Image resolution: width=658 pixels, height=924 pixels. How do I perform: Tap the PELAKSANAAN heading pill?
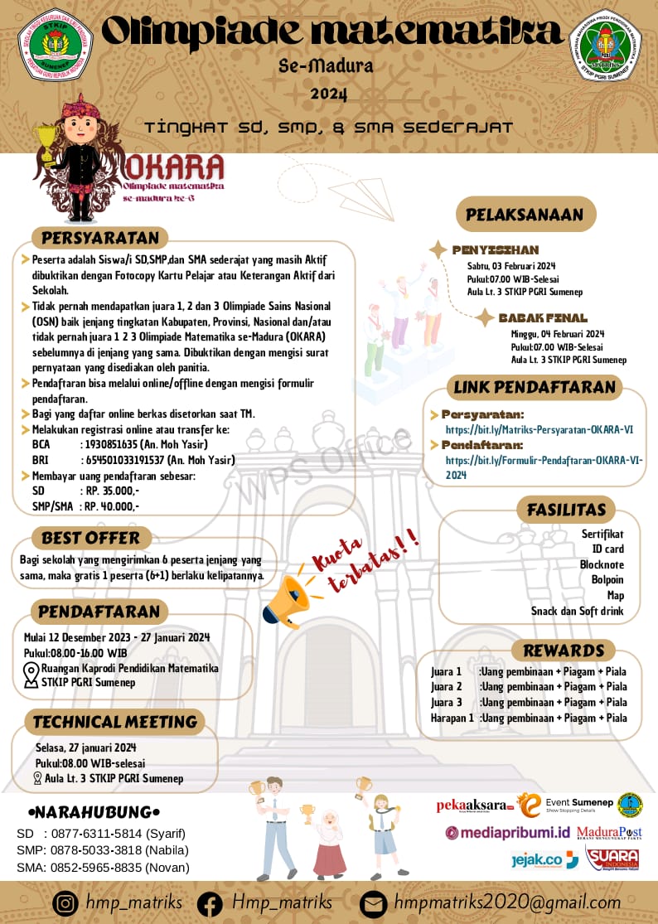(x=525, y=214)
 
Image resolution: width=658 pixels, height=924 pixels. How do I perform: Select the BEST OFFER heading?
(x=91, y=538)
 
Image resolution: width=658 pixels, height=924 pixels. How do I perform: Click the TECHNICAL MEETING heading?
(x=114, y=722)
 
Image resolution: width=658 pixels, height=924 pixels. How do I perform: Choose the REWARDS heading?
(x=564, y=651)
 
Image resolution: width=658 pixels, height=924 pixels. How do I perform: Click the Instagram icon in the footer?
(x=65, y=902)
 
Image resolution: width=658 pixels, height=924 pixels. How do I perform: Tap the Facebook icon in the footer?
(x=210, y=902)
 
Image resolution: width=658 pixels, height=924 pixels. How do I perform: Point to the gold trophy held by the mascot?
(x=42, y=141)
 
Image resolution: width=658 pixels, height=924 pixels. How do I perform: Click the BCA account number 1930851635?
(x=116, y=445)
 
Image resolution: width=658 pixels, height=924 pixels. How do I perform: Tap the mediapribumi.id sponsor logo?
(x=508, y=832)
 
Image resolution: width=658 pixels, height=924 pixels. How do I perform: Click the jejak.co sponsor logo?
(x=544, y=860)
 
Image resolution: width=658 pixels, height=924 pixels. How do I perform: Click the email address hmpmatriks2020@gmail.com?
(x=508, y=902)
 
